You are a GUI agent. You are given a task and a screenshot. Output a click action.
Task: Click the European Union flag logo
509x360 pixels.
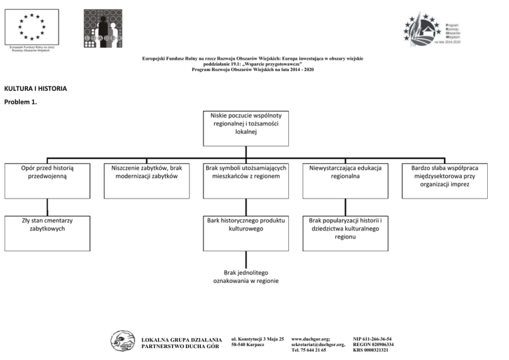click(32, 26)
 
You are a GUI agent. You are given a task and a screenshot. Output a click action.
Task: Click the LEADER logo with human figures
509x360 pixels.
click(102, 29)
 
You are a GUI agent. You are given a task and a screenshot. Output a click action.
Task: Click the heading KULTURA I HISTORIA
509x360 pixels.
click(35, 88)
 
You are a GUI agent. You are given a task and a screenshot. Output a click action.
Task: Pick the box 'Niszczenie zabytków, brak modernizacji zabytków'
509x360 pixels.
click(146, 180)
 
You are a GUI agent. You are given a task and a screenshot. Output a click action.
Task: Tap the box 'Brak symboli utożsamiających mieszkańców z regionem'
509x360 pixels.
click(245, 180)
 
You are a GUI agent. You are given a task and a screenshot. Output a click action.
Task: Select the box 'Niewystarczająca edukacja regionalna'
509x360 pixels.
click(345, 180)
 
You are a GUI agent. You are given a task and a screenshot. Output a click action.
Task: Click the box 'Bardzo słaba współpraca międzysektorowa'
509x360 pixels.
click(445, 180)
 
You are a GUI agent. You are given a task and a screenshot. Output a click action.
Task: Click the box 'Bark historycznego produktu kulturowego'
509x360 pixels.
click(245, 232)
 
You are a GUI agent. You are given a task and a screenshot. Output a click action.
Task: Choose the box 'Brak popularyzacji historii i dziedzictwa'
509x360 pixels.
click(345, 232)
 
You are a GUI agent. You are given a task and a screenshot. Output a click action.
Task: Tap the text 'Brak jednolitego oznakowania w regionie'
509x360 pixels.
click(246, 276)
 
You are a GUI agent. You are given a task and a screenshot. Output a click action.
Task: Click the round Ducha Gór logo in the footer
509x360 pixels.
click(122, 341)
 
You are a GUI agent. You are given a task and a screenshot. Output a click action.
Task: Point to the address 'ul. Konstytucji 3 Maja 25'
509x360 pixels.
click(257, 339)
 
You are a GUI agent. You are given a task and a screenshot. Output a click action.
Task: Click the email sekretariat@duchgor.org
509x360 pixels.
click(318, 345)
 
